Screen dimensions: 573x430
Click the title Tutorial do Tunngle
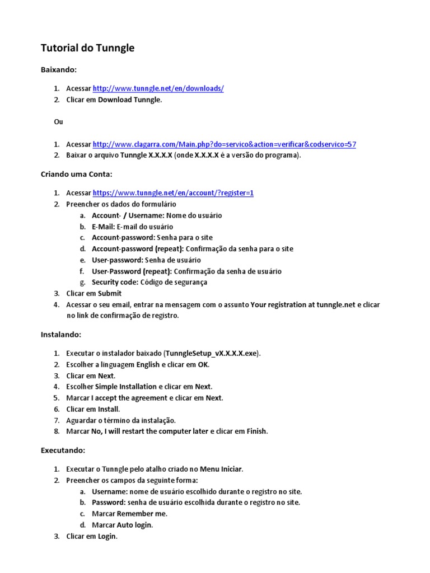[87, 48]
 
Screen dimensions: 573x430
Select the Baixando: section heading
[58, 70]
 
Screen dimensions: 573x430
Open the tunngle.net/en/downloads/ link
[158, 88]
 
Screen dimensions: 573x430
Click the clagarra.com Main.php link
[224, 144]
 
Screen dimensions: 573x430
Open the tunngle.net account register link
[173, 193]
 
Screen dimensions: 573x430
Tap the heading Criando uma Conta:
[77, 174]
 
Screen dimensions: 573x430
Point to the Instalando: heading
[61, 335]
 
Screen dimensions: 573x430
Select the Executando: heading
[63, 450]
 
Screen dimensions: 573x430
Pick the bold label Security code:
[115, 283]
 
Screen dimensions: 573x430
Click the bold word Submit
[110, 293]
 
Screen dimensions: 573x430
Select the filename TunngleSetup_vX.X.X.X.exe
[212, 354]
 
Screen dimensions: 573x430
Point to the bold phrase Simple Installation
[126, 387]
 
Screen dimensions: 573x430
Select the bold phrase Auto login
[134, 525]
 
